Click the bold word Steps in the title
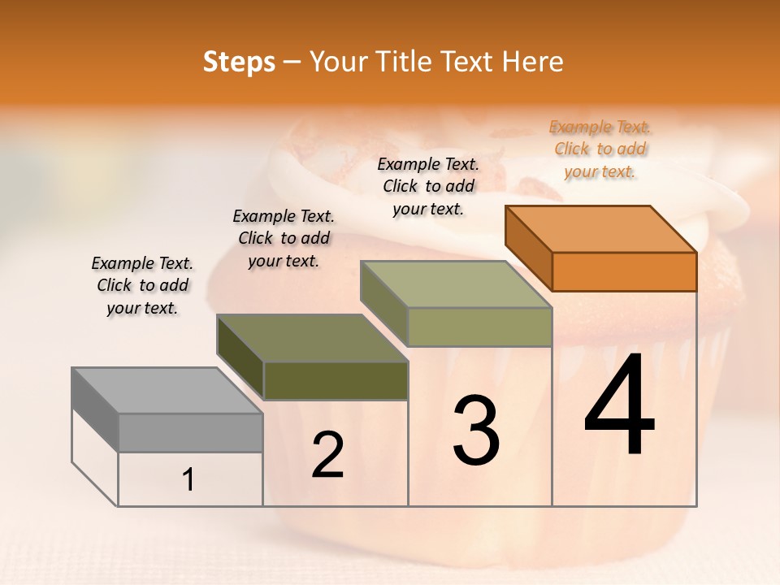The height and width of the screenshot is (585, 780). [x=239, y=62]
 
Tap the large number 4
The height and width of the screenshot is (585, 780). [x=620, y=406]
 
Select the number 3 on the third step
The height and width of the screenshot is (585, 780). [x=476, y=431]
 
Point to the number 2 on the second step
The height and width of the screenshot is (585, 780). [x=327, y=455]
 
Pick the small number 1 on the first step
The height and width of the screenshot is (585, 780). [x=188, y=480]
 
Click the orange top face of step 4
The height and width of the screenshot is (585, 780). [x=601, y=228]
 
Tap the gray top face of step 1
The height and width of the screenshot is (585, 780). [x=167, y=390]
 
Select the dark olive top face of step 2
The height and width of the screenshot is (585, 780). [x=312, y=338]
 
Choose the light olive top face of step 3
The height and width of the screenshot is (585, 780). [x=457, y=284]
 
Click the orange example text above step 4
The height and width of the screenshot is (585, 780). [x=600, y=149]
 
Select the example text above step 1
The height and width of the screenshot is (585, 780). [x=142, y=285]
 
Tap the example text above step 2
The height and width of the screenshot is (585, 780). [x=284, y=238]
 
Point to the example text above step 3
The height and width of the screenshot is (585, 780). [x=428, y=186]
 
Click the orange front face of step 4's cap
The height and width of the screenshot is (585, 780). [x=624, y=271]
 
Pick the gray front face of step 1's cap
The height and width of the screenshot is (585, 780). [x=190, y=432]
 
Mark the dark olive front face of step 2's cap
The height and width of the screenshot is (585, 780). [x=336, y=380]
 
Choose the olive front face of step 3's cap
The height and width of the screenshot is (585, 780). [x=479, y=327]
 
